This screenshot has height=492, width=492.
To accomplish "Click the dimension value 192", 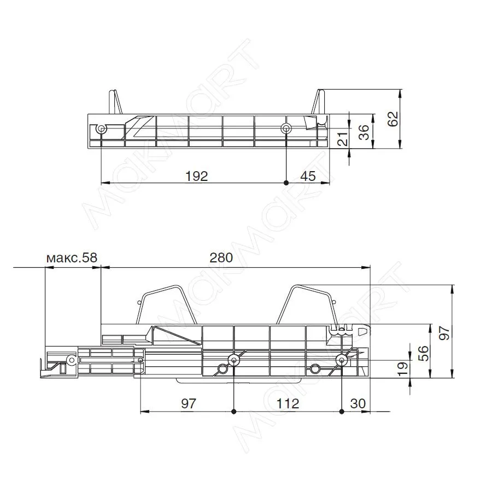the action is (197, 176).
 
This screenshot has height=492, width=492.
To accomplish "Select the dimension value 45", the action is (308, 176).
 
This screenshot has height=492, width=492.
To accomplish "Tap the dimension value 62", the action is (393, 119).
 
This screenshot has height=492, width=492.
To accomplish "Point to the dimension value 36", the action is (364, 132).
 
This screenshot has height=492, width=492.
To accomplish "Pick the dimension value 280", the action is (221, 257).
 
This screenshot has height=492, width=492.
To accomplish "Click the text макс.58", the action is (72, 257).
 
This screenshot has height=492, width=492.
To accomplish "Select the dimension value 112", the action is (288, 403).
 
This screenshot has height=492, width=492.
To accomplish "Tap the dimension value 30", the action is (358, 403).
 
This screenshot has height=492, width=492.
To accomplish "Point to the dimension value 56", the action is (424, 353).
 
